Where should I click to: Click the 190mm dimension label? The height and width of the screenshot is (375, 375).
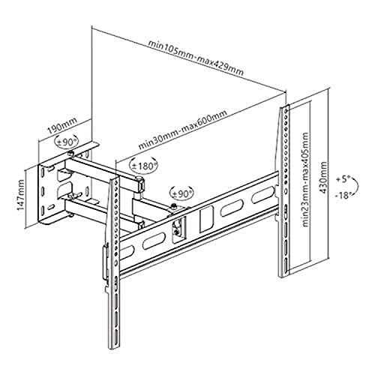[x=62, y=126]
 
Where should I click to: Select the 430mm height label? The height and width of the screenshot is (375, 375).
[x=324, y=177]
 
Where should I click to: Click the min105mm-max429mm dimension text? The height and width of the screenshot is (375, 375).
[x=196, y=58]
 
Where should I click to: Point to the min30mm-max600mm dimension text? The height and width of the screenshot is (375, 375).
[x=183, y=130]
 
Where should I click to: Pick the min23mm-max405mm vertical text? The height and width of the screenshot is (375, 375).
[x=305, y=179]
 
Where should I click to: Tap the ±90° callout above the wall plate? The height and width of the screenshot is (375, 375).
[x=66, y=142]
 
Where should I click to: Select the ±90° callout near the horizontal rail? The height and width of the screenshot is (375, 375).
[x=181, y=193]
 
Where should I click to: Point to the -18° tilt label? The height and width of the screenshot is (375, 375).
[x=343, y=195]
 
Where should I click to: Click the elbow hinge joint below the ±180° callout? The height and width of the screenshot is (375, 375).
[x=140, y=184]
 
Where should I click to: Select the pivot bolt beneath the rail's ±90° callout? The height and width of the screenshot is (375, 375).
[x=173, y=206]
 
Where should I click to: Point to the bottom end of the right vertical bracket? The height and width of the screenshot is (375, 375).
[x=283, y=276]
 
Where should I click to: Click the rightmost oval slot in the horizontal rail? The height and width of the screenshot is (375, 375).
[x=262, y=194]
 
